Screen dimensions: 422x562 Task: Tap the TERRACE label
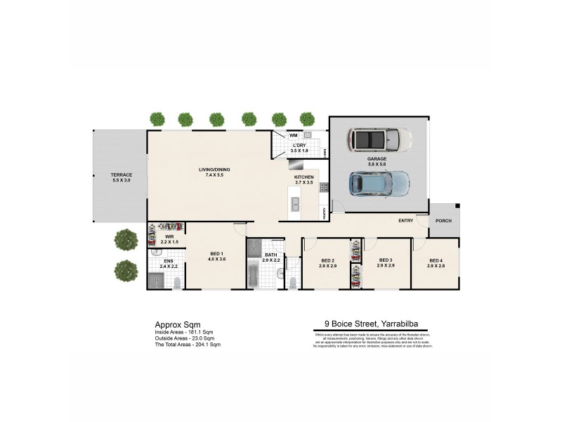click(x=121, y=174)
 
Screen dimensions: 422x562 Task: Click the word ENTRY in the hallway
click(x=405, y=221)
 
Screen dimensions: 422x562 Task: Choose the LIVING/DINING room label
click(x=214, y=169)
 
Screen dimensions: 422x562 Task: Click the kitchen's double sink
click(x=296, y=204)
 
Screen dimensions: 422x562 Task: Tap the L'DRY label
click(x=299, y=146)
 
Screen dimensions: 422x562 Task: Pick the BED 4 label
click(x=436, y=260)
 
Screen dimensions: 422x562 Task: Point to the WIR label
click(x=169, y=236)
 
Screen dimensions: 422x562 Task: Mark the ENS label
click(x=169, y=261)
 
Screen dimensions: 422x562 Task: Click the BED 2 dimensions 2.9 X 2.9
click(x=327, y=266)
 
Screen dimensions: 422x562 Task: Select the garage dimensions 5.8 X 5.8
click(x=377, y=164)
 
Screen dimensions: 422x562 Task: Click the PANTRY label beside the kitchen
click(x=323, y=212)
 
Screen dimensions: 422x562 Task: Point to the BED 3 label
click(x=385, y=260)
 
